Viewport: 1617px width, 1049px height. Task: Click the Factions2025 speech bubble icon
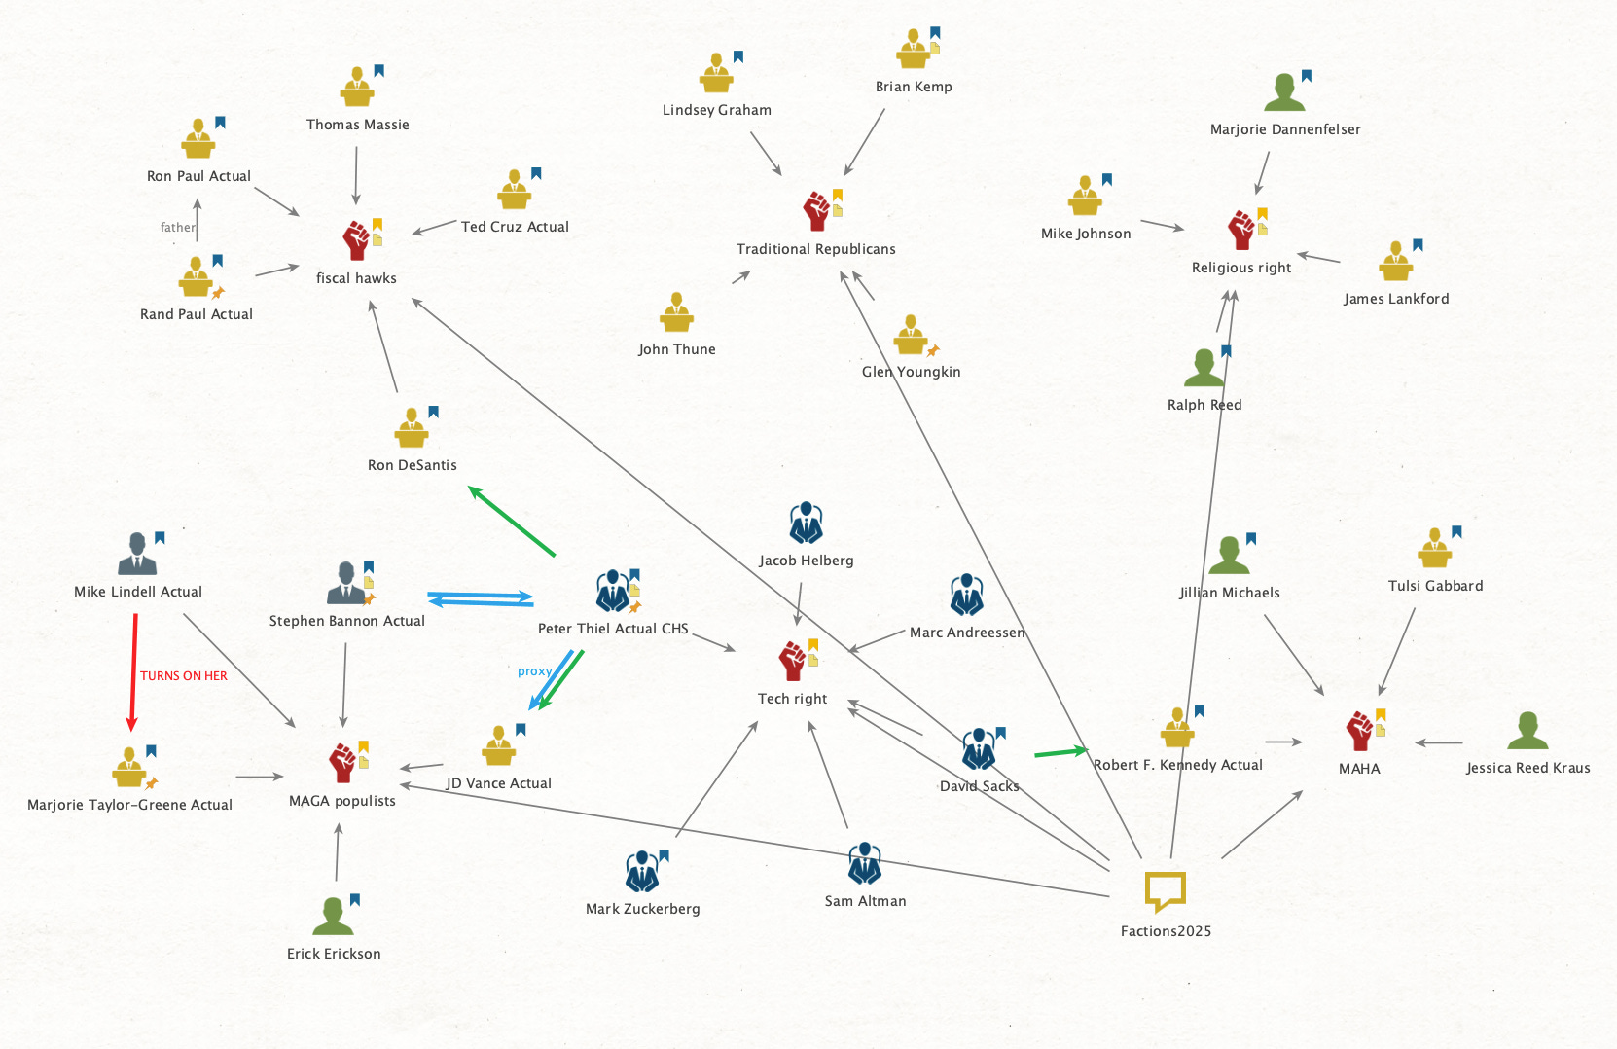point(1164,889)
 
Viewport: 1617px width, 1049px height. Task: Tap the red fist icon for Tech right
point(793,661)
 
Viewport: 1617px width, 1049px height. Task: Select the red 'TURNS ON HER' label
point(183,676)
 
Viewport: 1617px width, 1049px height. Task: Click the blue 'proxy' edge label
point(534,671)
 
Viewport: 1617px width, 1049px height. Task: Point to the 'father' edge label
point(177,228)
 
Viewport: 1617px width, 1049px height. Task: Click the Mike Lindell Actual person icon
point(137,555)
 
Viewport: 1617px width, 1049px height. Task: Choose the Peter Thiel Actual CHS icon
point(613,591)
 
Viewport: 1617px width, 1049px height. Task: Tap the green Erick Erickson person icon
point(333,917)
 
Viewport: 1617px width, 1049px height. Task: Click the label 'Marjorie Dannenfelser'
point(1284,129)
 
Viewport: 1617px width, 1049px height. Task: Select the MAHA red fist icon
point(1359,731)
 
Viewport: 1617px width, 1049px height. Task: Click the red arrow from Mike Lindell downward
point(133,671)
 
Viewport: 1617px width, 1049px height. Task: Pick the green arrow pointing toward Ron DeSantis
point(512,521)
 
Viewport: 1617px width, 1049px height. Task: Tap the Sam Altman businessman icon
point(864,863)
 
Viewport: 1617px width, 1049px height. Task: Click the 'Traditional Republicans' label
point(815,249)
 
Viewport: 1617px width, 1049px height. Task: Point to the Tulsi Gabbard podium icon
point(1434,549)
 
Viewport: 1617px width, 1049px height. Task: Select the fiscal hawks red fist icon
point(356,240)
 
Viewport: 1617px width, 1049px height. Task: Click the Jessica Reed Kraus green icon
point(1527,731)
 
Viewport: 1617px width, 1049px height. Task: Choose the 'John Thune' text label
point(676,349)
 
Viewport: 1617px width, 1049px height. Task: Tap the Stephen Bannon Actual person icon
point(346,583)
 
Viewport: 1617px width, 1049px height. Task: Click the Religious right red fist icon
point(1240,231)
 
